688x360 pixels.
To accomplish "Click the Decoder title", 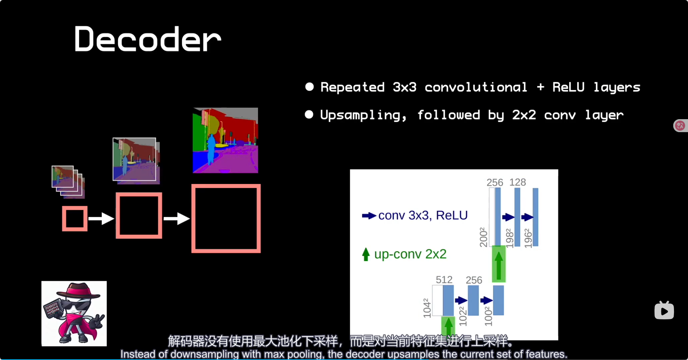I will point(148,39).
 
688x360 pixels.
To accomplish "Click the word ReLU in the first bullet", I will point(568,87).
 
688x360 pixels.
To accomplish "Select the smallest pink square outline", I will point(74,219).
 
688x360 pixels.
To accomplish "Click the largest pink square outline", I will point(226,219).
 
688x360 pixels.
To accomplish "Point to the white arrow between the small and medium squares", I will point(101,219).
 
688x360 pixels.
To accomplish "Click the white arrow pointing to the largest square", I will point(176,219).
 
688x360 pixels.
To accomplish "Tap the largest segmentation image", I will point(225,140).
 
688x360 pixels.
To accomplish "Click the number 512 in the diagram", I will point(444,280).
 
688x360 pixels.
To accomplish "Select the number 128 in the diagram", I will point(517,182).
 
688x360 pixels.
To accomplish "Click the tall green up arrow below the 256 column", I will point(498,265).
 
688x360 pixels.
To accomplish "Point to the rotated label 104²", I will point(427,308).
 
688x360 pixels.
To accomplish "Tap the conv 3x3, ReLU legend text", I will point(423,215).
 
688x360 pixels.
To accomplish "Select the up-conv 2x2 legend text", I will point(410,254).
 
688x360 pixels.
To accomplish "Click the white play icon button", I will point(664,311).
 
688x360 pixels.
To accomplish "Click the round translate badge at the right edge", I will point(680,126).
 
